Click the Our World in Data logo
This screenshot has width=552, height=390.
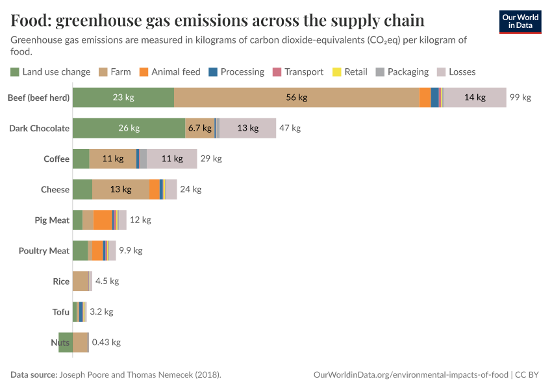(520, 21)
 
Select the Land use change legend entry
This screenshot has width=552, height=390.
(51, 71)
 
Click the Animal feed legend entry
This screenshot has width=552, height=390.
(169, 71)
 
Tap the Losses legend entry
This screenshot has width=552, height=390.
(457, 71)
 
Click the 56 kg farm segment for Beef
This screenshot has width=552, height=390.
(296, 97)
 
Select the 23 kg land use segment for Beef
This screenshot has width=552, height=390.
(123, 97)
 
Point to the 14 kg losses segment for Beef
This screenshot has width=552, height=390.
(475, 97)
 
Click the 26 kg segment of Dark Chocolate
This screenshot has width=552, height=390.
(129, 128)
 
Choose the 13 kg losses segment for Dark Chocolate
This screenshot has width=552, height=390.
(247, 128)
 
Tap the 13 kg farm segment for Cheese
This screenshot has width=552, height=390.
(120, 189)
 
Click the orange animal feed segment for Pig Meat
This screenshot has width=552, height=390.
(102, 220)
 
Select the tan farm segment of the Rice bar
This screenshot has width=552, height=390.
(81, 281)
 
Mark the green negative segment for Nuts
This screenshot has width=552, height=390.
(65, 343)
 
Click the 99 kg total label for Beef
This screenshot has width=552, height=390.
(520, 97)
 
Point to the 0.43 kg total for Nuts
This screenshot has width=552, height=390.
(106, 343)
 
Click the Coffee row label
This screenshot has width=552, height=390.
(56, 159)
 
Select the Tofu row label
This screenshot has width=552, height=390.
(60, 312)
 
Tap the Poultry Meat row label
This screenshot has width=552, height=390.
(44, 251)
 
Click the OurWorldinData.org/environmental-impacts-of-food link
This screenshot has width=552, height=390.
(411, 375)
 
